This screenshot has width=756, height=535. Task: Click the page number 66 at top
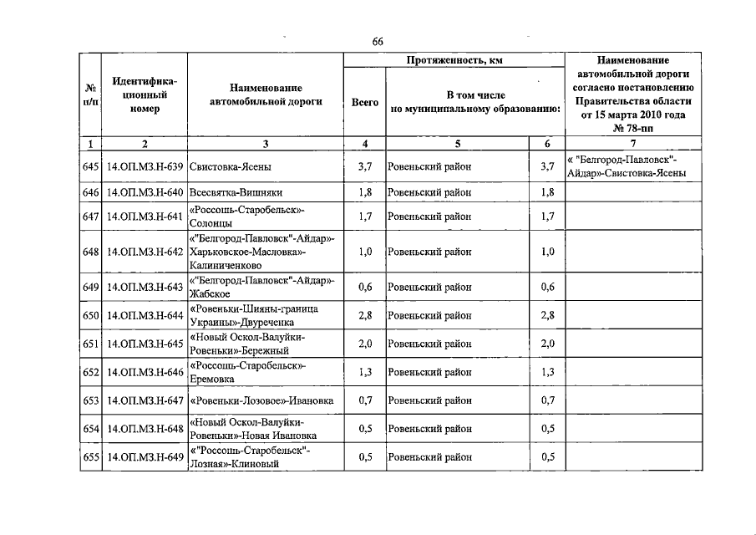(x=378, y=43)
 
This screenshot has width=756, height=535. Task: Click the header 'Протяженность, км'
(x=454, y=60)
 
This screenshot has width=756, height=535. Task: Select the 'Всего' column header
(x=364, y=102)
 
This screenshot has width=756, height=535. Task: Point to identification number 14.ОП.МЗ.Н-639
(x=145, y=167)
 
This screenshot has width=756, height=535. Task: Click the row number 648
(x=91, y=252)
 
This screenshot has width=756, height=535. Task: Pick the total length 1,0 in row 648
(x=365, y=252)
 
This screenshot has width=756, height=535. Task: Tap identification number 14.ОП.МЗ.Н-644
(x=145, y=315)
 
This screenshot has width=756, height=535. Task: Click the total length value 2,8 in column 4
(x=365, y=315)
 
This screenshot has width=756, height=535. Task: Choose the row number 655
(x=91, y=457)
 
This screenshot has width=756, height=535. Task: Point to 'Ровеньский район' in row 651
(x=430, y=344)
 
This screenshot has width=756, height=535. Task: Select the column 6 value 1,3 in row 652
(x=547, y=372)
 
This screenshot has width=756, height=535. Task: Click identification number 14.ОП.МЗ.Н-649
(x=145, y=457)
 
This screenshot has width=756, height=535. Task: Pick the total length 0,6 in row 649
(x=365, y=287)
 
